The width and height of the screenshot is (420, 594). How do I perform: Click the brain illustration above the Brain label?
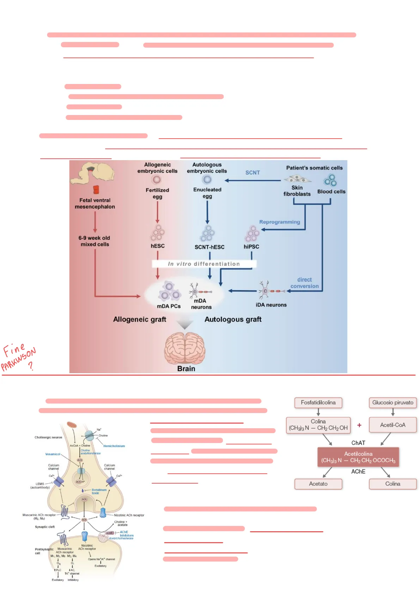185,348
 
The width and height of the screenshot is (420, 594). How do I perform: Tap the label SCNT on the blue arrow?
252,172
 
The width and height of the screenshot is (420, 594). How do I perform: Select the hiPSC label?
251,247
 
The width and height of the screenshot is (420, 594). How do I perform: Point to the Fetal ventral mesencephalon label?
95,204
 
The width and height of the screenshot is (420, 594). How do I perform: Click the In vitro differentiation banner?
204,264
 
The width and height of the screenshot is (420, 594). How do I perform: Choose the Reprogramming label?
279,222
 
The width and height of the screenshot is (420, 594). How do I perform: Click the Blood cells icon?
330,180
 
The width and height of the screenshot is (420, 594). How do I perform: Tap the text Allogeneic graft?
140,319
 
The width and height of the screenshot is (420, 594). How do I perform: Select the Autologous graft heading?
233,319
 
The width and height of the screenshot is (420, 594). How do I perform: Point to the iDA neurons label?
271,305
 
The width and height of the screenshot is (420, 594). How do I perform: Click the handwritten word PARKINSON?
18,359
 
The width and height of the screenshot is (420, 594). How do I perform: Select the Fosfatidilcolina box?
318,402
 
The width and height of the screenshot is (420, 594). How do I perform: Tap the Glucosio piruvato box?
392,402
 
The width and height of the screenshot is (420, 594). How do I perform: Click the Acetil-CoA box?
392,425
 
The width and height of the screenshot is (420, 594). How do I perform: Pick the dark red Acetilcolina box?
358,457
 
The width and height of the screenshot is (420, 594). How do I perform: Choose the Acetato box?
318,484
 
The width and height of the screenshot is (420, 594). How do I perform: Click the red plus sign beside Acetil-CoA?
359,425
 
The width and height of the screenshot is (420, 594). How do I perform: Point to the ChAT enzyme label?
358,443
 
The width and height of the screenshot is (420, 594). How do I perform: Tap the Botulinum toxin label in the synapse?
99,491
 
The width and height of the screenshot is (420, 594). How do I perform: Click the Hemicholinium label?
114,446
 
